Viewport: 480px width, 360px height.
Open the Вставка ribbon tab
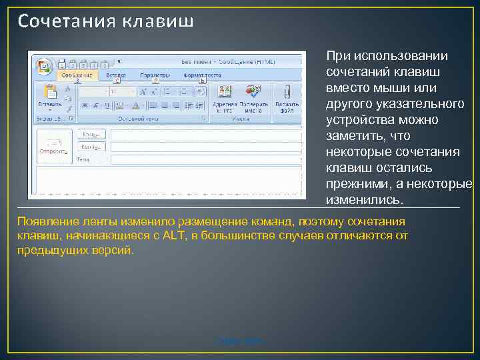point(116,75)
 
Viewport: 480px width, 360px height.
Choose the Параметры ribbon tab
point(153,75)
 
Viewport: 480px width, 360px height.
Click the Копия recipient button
point(91,147)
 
